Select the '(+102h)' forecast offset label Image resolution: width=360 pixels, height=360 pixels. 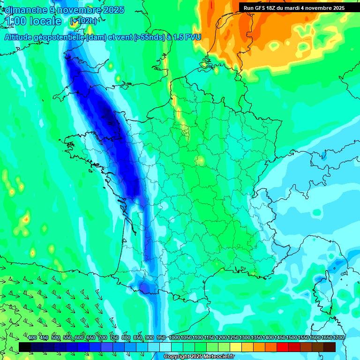83,21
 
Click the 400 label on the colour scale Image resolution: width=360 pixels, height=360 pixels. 32,338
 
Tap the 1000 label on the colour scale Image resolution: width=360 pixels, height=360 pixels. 174,338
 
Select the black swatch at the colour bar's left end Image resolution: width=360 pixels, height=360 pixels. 25,347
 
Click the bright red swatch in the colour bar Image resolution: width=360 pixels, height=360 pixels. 283,347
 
